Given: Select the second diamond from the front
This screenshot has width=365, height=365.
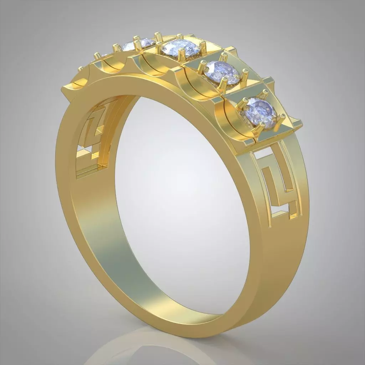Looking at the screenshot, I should coord(222,73).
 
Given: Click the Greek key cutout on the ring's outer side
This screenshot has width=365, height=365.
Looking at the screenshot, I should coord(282,185).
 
